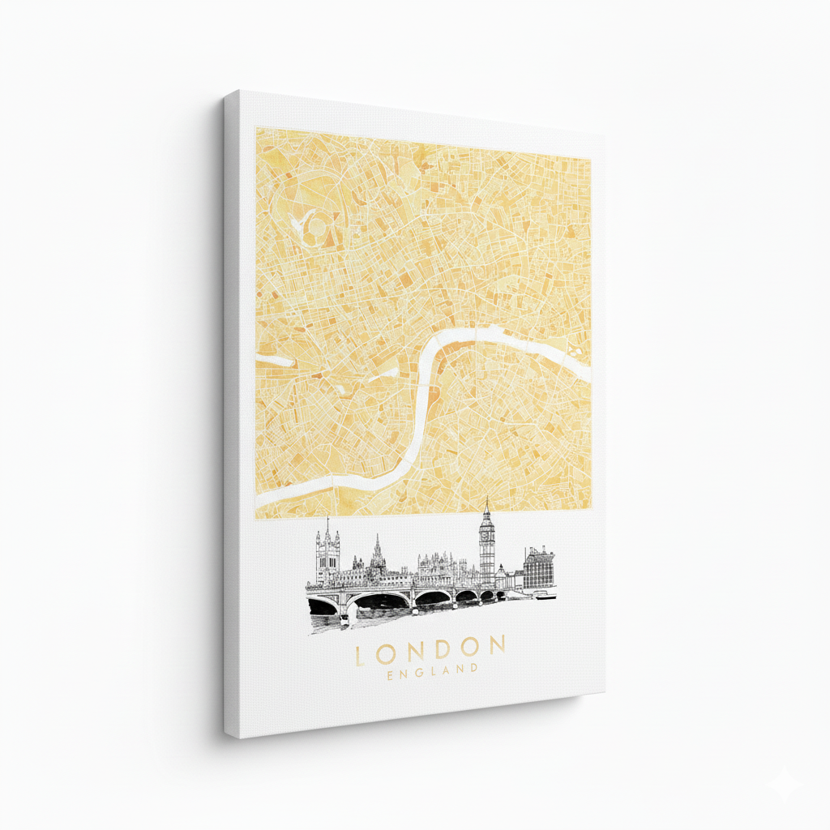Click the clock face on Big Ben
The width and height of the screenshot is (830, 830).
tap(486, 533)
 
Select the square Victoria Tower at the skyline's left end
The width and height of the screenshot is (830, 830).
tap(327, 555)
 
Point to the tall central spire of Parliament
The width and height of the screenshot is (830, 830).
tap(377, 552)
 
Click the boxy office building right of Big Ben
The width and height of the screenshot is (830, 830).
tap(538, 568)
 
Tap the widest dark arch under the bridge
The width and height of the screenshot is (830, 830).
tap(382, 601)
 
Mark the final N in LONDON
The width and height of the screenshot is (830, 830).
tap(496, 646)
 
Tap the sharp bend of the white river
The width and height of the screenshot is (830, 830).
tap(429, 357)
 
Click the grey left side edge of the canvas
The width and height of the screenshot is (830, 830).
tap(232, 413)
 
